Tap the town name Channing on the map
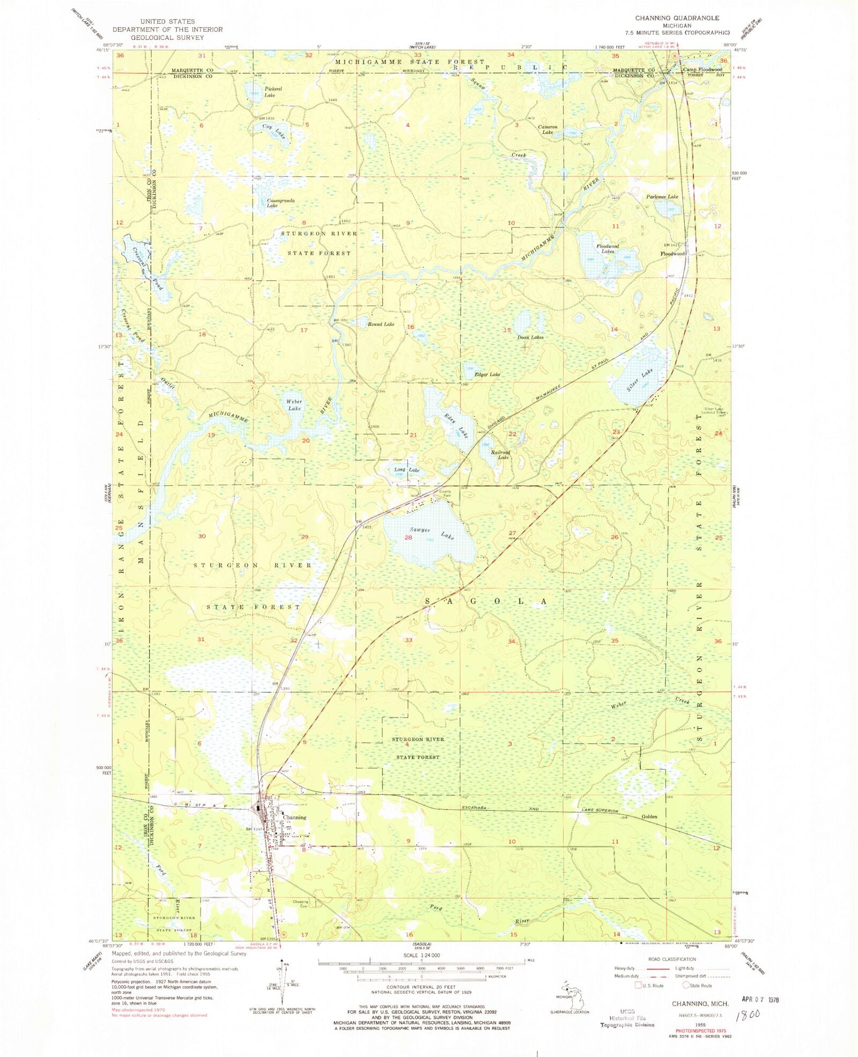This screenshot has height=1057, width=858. pyautogui.click(x=294, y=817)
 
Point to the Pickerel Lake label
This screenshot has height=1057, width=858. pyautogui.click(x=269, y=91)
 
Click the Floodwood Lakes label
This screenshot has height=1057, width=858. pyautogui.click(x=607, y=248)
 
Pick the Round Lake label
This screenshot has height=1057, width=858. pyautogui.click(x=381, y=324)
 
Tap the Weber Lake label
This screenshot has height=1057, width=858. pyautogui.click(x=293, y=405)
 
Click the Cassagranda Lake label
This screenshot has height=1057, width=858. pyautogui.click(x=280, y=203)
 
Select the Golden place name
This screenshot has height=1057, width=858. pyautogui.click(x=649, y=817)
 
